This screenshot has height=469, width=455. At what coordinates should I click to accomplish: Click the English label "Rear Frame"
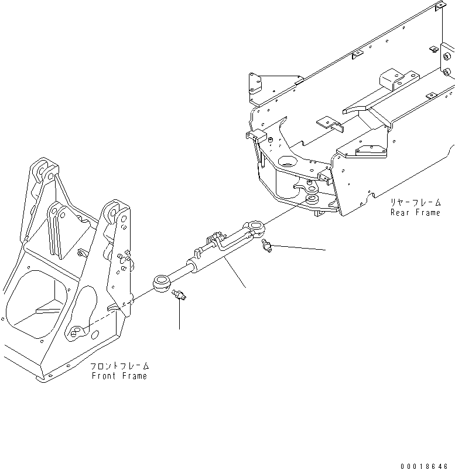[415, 212]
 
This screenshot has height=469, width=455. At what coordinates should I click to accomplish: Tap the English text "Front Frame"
[119, 376]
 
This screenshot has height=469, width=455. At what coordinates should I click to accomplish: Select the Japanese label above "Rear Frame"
[415, 202]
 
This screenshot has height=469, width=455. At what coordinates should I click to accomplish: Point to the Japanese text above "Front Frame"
[119, 366]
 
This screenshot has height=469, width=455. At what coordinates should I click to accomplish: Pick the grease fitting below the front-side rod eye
[179, 297]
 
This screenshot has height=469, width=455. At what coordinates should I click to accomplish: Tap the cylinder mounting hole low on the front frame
[76, 334]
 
